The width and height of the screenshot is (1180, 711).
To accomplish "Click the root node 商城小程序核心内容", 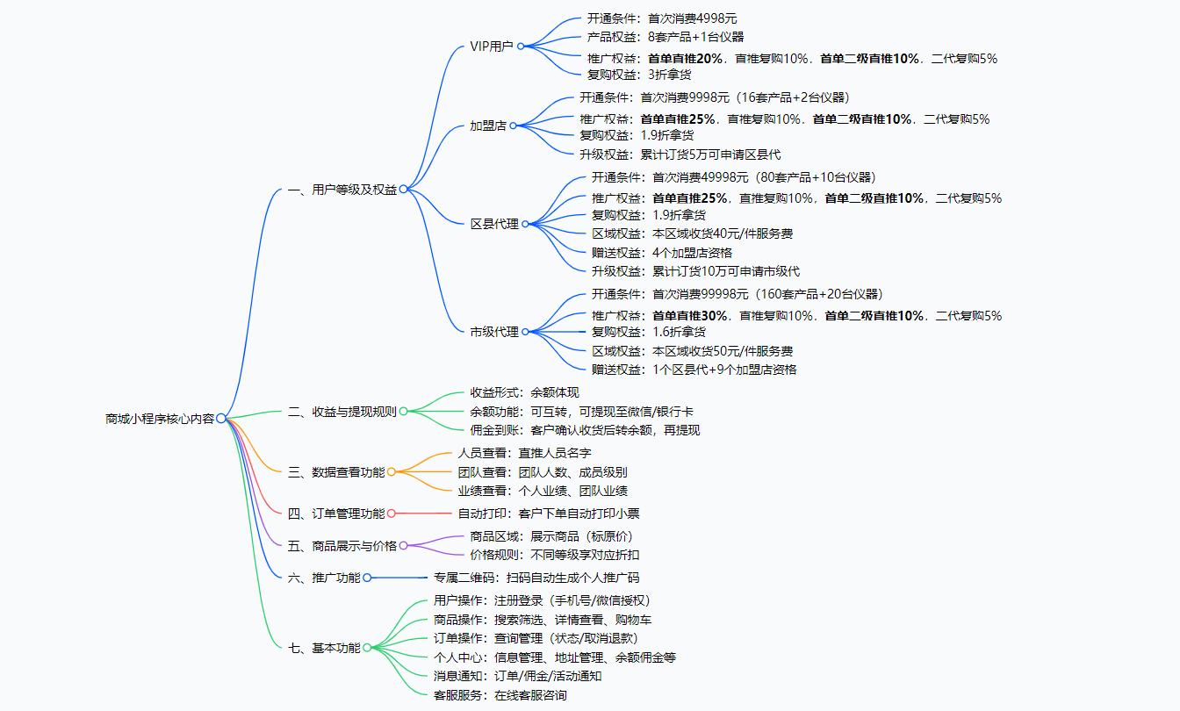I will click(x=159, y=419).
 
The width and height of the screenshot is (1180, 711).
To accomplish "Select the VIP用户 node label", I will click(x=492, y=46).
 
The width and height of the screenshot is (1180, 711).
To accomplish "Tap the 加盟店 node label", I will click(x=488, y=126).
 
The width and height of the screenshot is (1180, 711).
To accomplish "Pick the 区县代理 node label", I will click(x=494, y=224).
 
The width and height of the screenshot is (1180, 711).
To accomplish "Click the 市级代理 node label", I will click(x=494, y=332).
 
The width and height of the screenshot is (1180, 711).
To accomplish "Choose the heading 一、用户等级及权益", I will click(x=342, y=189).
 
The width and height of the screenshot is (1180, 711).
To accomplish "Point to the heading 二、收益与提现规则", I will click(x=342, y=411).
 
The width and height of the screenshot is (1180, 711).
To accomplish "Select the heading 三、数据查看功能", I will click(x=336, y=472).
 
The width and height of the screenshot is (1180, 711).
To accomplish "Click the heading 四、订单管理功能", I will click(x=336, y=513).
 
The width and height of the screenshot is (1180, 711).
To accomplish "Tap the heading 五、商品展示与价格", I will click(x=342, y=546).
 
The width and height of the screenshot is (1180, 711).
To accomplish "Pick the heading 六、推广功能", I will click(x=324, y=578).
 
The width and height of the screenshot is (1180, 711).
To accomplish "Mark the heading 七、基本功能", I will click(x=324, y=648).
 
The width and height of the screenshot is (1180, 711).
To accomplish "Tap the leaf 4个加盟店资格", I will click(x=693, y=253).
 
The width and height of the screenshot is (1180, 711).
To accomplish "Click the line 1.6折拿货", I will click(x=679, y=332).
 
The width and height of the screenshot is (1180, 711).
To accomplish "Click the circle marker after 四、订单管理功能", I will click(x=392, y=513).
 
